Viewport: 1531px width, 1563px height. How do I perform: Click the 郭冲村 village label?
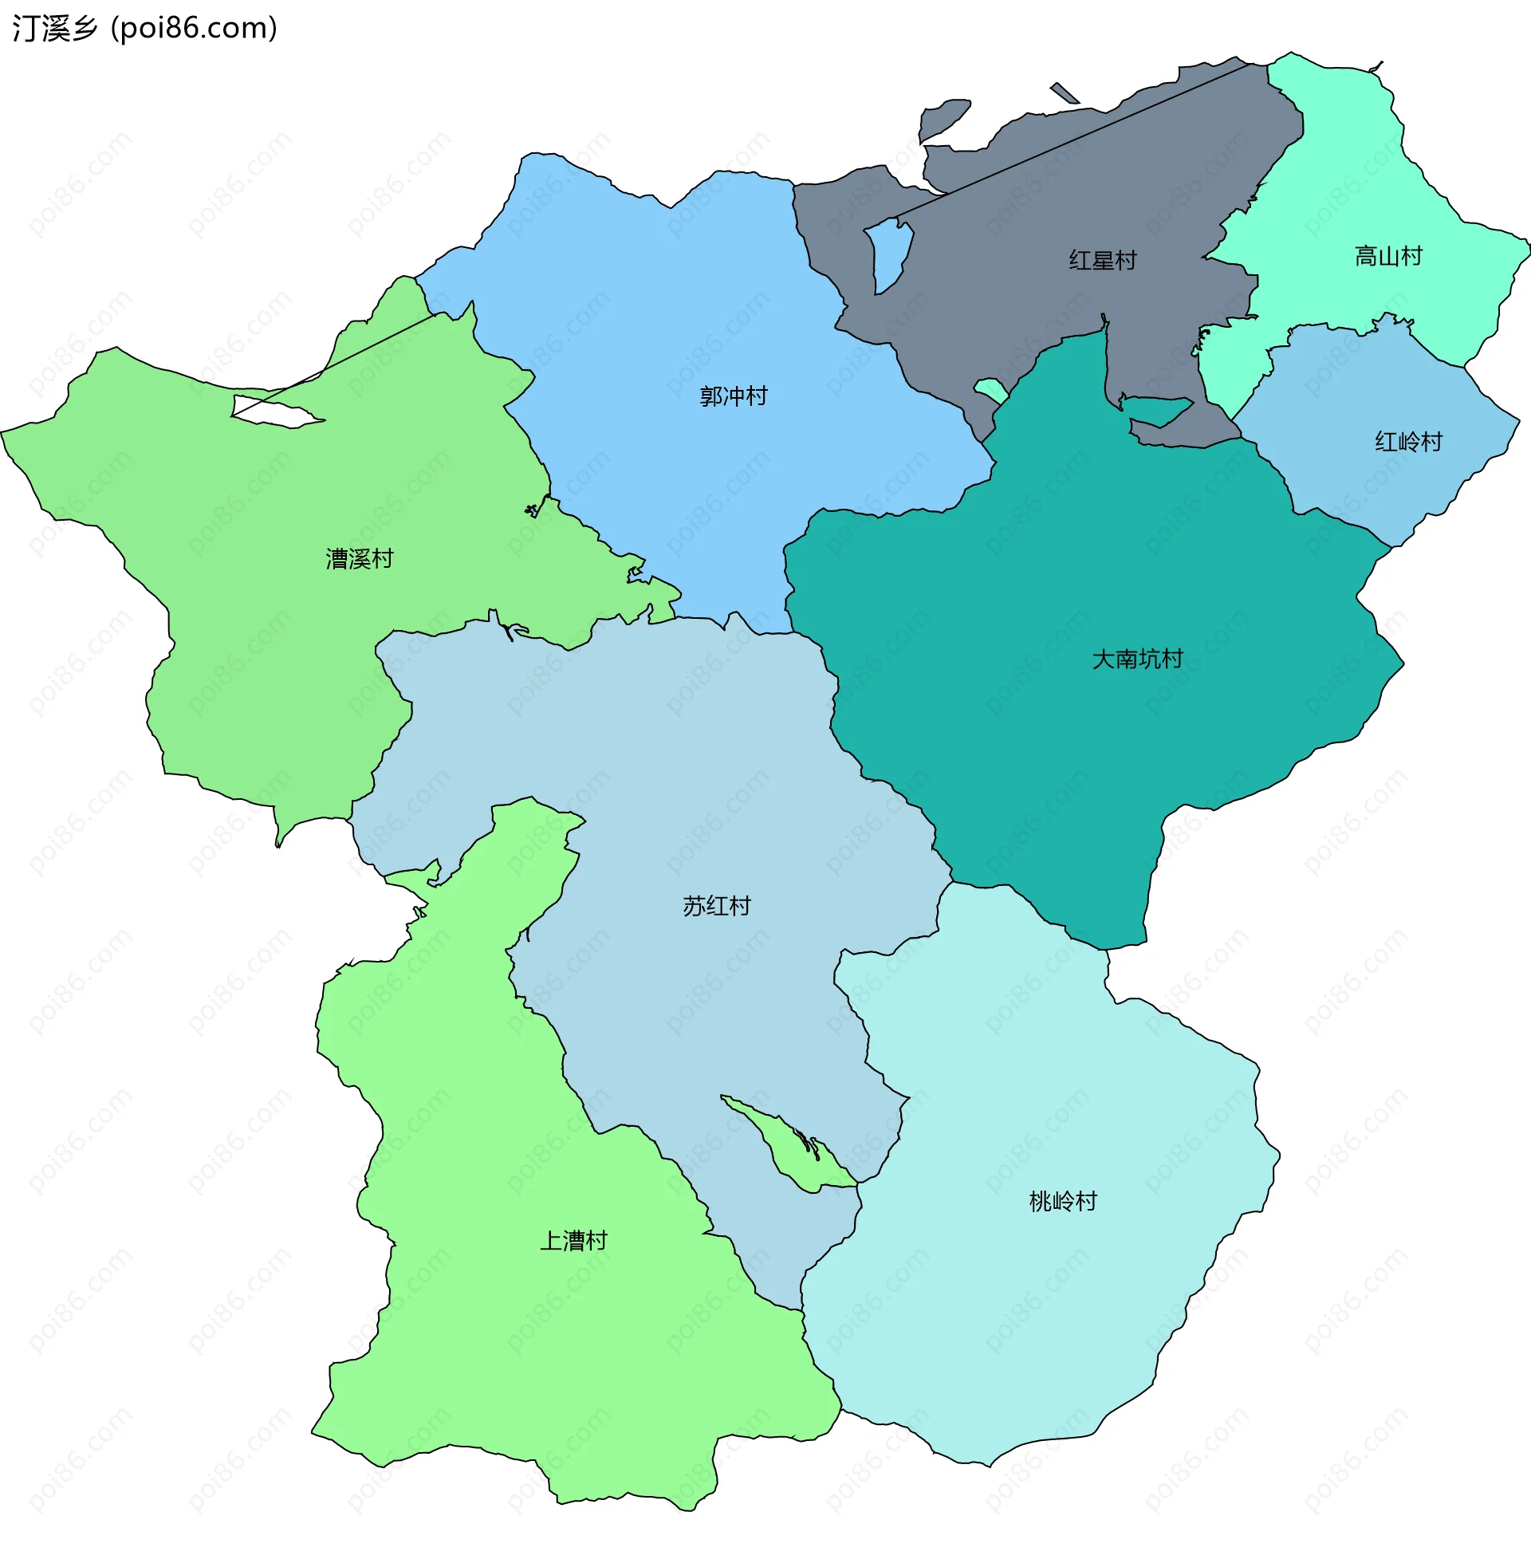click(733, 396)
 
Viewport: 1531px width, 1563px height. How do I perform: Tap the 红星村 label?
click(1103, 261)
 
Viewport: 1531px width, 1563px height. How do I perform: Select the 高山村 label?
click(1388, 257)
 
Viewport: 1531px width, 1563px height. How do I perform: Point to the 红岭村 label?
click(1408, 443)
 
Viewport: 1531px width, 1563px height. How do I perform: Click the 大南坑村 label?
click(1137, 659)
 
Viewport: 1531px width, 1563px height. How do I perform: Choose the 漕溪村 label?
click(360, 559)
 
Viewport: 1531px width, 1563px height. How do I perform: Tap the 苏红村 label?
click(716, 907)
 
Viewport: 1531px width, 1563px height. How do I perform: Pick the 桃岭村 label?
click(1063, 1202)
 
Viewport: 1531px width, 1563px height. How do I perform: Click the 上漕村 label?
click(573, 1242)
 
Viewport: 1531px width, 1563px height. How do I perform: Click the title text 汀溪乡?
click(55, 28)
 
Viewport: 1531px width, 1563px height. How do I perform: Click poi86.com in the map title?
click(194, 28)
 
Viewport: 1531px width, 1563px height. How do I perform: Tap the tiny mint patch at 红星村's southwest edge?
click(990, 390)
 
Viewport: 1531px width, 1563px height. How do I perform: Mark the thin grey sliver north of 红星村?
click(1065, 93)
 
